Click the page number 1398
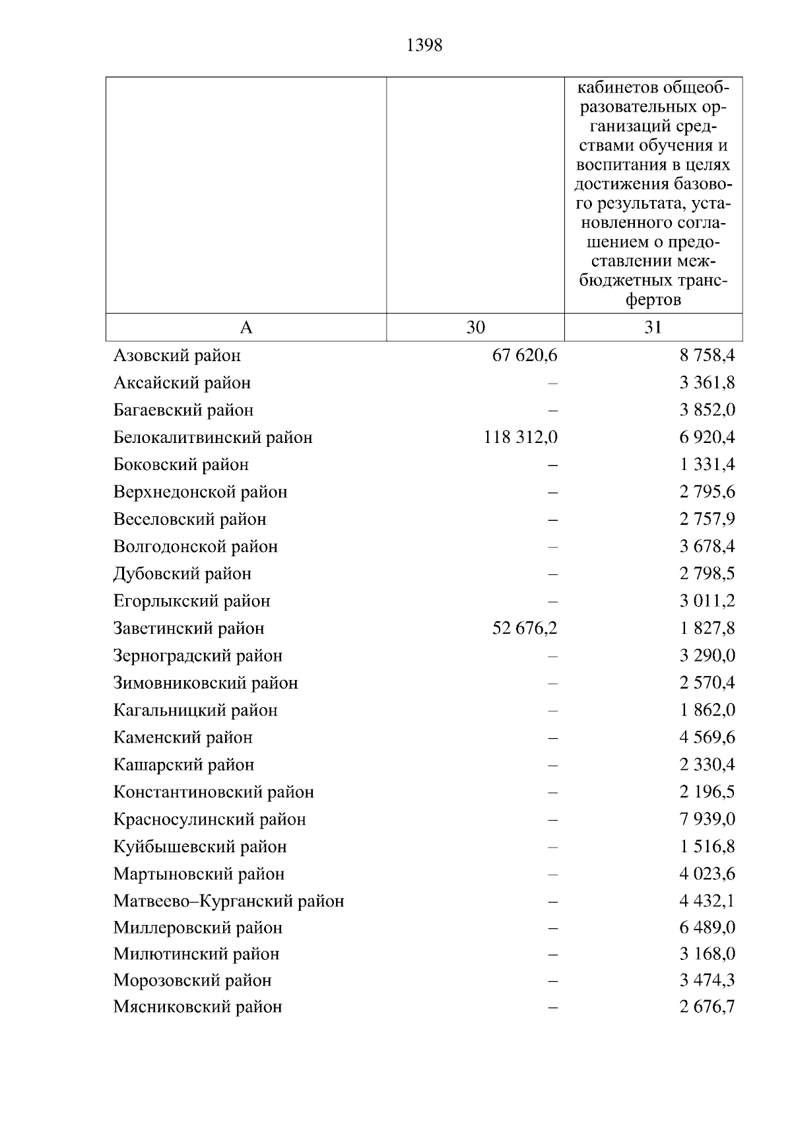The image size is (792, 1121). [x=424, y=46]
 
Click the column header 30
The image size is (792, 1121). [x=475, y=327]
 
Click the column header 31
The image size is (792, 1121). [x=653, y=327]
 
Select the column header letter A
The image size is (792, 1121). [x=246, y=327]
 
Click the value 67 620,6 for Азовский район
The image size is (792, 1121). [x=525, y=356]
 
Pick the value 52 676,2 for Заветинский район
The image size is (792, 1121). [x=525, y=628]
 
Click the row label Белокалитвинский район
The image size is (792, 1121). [x=213, y=438]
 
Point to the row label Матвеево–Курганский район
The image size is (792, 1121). [x=228, y=901]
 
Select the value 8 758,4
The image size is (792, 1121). [x=707, y=356]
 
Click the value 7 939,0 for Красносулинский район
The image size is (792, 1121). [x=707, y=819]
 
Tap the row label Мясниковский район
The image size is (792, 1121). [x=197, y=1007]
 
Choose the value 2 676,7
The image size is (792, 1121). [x=707, y=1007]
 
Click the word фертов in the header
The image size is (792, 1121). [x=653, y=300]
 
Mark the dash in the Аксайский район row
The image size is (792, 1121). [x=552, y=383]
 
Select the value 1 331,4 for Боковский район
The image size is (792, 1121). [x=707, y=465]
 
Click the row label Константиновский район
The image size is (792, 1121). [x=213, y=792]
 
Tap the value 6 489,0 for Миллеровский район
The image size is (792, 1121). [x=707, y=928]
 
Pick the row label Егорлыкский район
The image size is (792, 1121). [x=191, y=601]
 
